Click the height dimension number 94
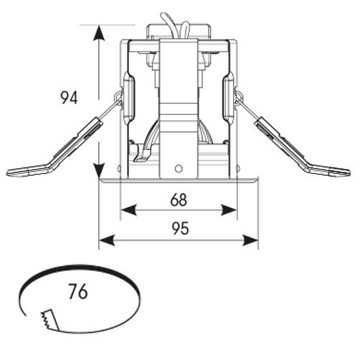tap(69, 98)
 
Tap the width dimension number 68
tap(179, 200)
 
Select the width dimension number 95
tap(181, 228)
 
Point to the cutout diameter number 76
tap(78, 292)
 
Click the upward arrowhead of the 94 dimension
tap(98, 34)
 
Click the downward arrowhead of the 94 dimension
tap(98, 169)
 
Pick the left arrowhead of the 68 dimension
tap(129, 210)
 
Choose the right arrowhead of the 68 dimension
tap(229, 210)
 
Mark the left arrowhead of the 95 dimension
tap(107, 240)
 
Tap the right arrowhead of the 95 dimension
tap(250, 240)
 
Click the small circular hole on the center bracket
tap(178, 169)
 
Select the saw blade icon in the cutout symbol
tap(50, 320)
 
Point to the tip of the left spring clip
tap(7, 173)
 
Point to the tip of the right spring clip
tap(349, 173)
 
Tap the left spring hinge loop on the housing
tap(118, 97)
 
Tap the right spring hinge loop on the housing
tap(240, 97)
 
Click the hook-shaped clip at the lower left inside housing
tap(141, 153)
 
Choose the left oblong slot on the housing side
tap(129, 98)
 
